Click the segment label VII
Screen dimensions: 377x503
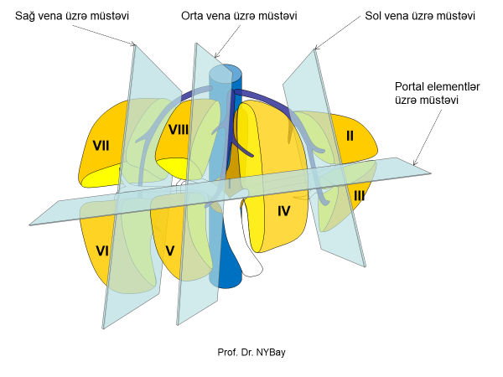[x=101, y=145]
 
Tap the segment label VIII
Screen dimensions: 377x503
[x=179, y=130]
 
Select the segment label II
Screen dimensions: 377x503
[x=350, y=134]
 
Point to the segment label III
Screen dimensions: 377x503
[x=359, y=196]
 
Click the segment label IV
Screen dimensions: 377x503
[x=283, y=211]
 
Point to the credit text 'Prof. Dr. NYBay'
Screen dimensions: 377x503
[x=251, y=353]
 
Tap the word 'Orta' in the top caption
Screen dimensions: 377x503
[x=193, y=16]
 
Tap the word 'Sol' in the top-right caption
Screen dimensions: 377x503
[x=376, y=16]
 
